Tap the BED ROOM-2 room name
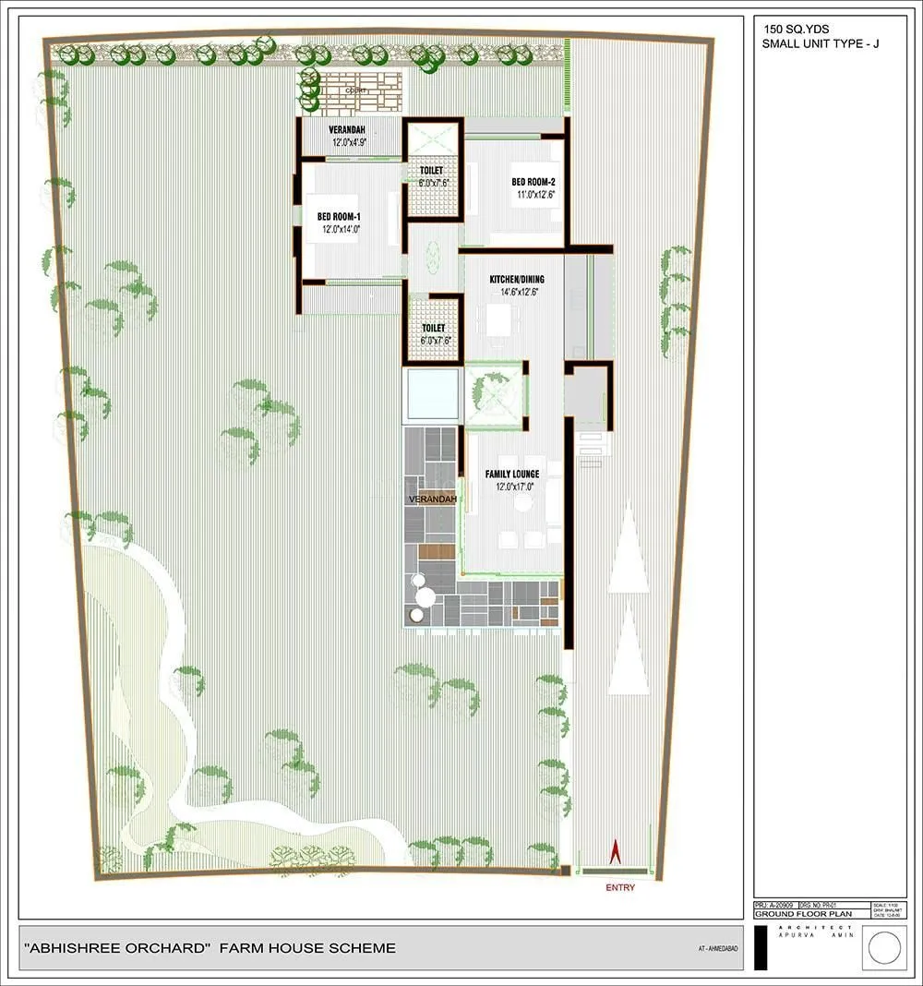click(533, 182)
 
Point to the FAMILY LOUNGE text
click(512, 475)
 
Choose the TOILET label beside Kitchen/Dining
click(433, 329)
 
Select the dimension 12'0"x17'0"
click(512, 487)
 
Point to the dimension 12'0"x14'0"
click(340, 229)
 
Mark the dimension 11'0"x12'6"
click(534, 195)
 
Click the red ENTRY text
click(620, 888)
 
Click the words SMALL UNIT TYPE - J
click(821, 43)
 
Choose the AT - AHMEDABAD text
click(718, 949)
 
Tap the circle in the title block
click(885, 948)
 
